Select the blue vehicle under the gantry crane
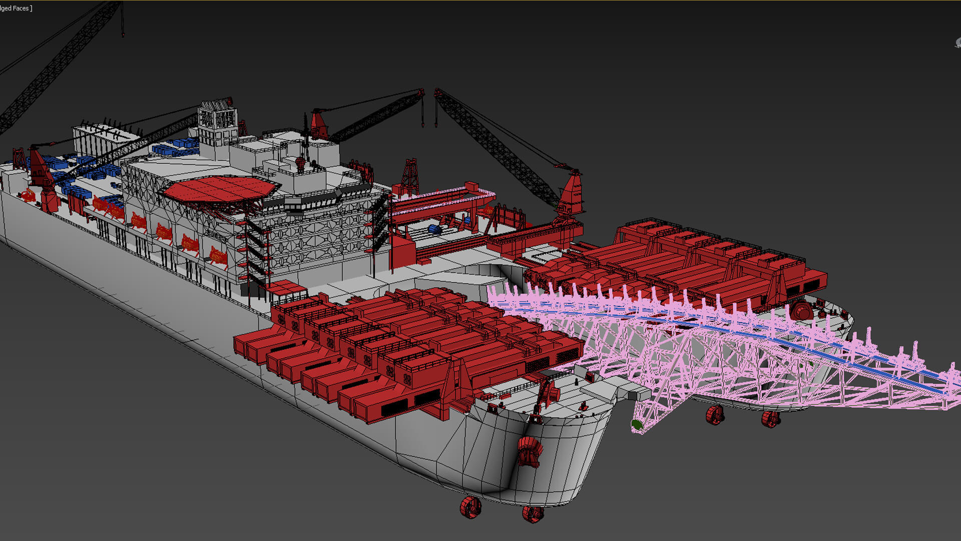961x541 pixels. pos(434,229)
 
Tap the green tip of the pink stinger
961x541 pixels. pos(636,425)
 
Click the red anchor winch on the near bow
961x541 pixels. pos(530,451)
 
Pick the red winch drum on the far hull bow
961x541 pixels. pos(801,310)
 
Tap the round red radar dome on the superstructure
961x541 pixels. pos(300,163)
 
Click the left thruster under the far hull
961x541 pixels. pos(715,415)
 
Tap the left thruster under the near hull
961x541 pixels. pos(470,507)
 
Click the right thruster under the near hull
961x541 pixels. pos(533,513)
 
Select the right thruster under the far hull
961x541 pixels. pos(770,419)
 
